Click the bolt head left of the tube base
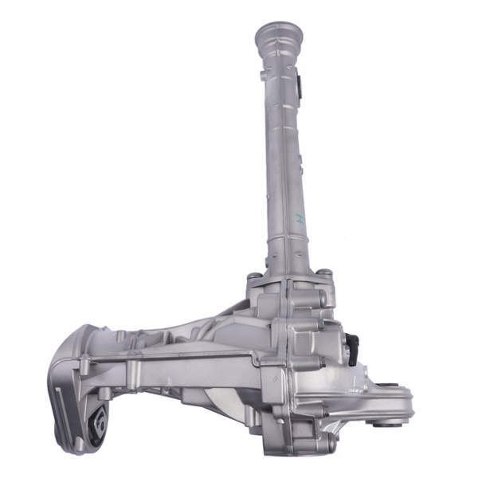[253, 277]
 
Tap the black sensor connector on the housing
[353, 345]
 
